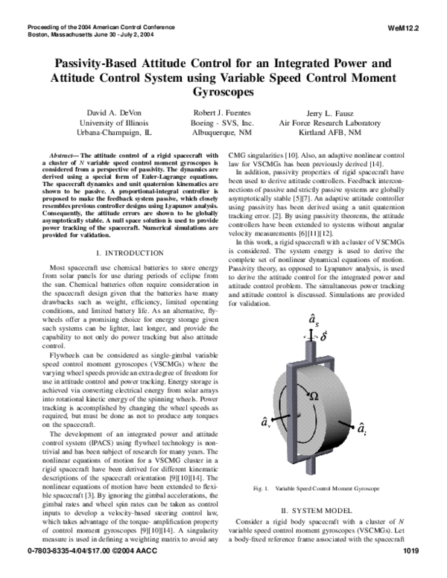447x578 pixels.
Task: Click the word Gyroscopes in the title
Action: pos(223,92)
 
